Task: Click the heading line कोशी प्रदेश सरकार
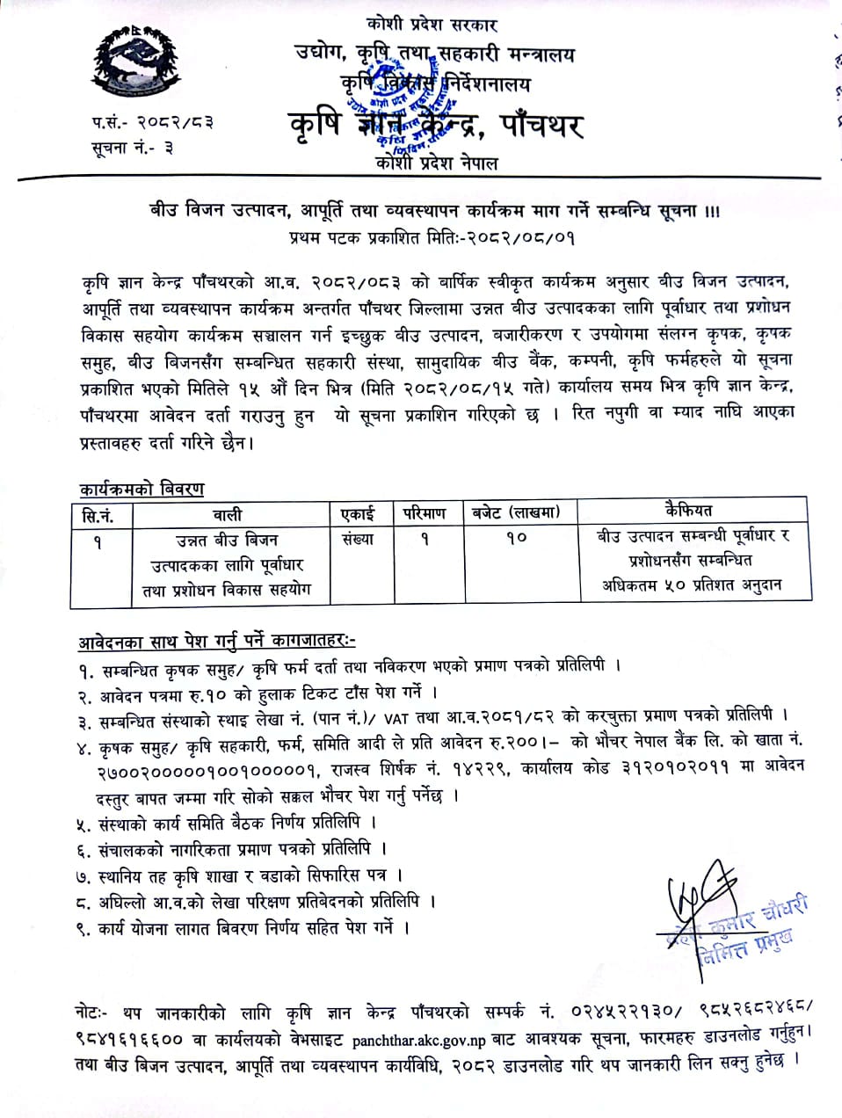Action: click(x=434, y=25)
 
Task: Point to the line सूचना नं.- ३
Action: click(x=132, y=148)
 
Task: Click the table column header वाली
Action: click(x=227, y=515)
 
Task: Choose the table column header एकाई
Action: click(x=358, y=513)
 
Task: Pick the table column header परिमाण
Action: click(x=425, y=513)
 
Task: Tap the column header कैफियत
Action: click(x=690, y=511)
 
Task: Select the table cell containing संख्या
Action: click(x=358, y=540)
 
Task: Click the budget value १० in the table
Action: click(x=516, y=538)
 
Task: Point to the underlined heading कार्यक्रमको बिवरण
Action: click(x=142, y=489)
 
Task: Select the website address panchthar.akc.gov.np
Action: click(x=418, y=1042)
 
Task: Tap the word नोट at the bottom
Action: click(x=91, y=1014)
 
